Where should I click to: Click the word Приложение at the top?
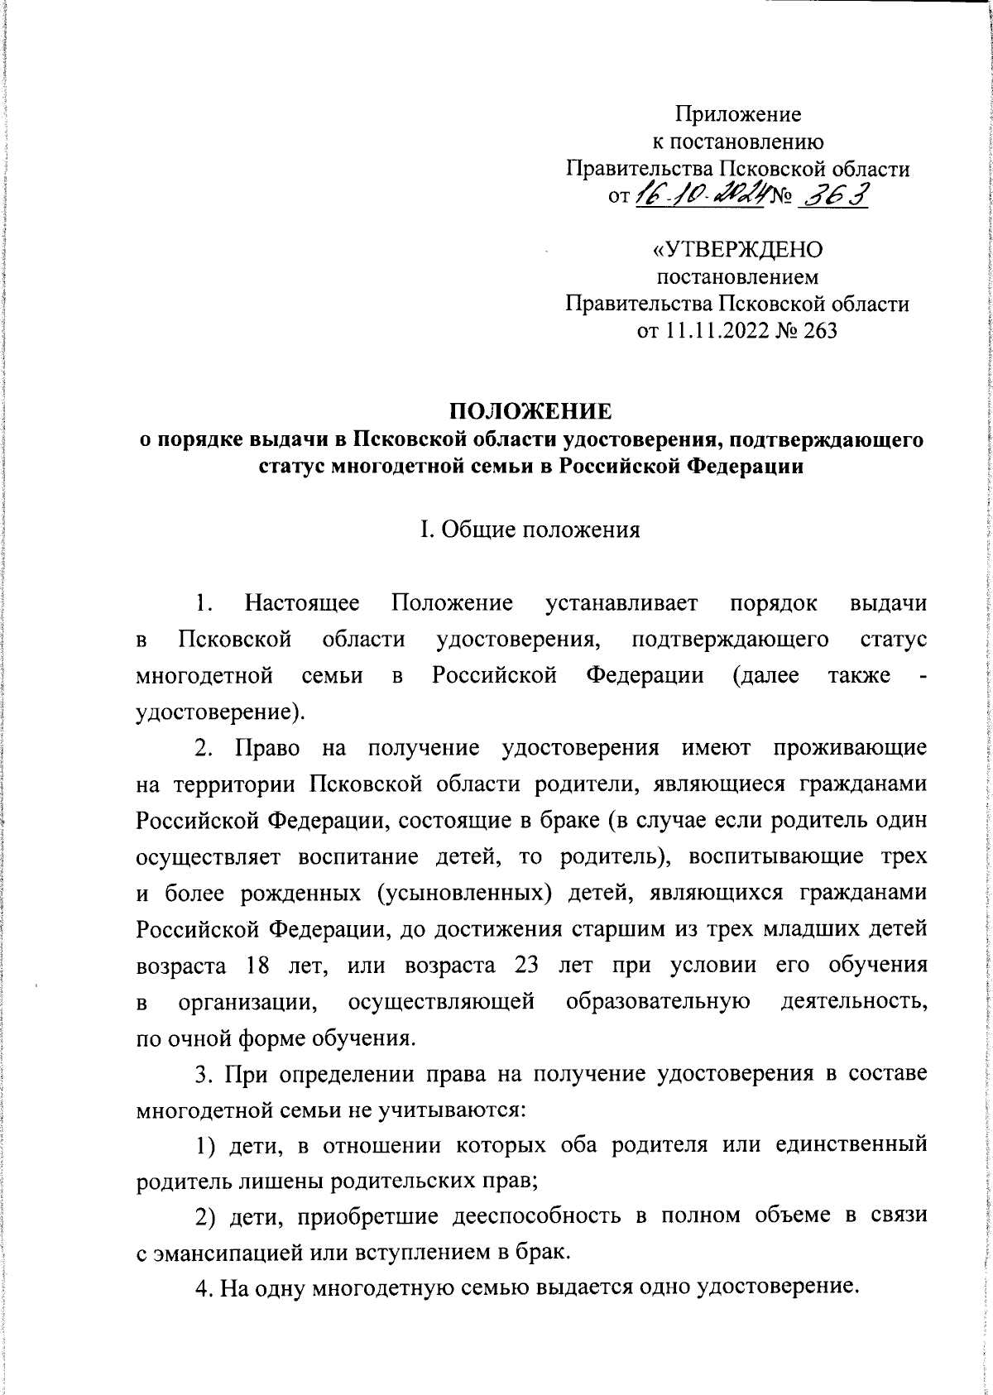(738, 113)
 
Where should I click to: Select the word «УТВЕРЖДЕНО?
(737, 249)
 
